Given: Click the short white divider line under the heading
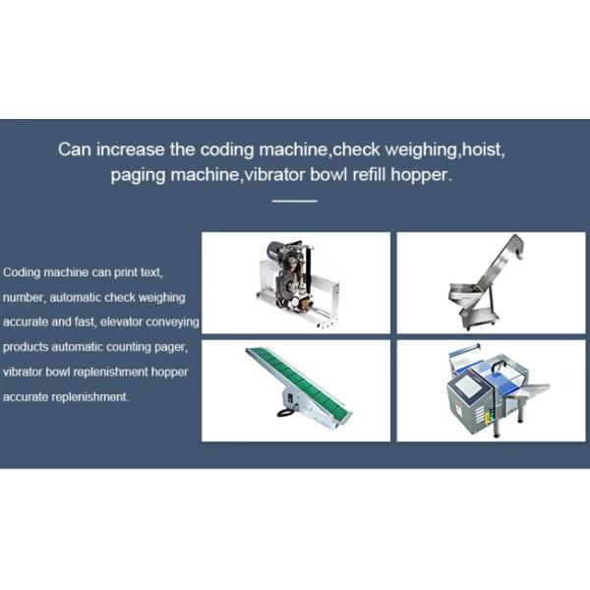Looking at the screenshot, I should pyautogui.click(x=294, y=201).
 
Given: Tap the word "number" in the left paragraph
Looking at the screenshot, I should pyautogui.click(x=24, y=296).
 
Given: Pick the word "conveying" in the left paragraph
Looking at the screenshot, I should pyautogui.click(x=176, y=322).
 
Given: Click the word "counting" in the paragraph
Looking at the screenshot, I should pyautogui.click(x=127, y=347).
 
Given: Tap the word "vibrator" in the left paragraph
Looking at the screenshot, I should pyautogui.click(x=22, y=373).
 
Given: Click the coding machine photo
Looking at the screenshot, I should pyautogui.click(x=295, y=282).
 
